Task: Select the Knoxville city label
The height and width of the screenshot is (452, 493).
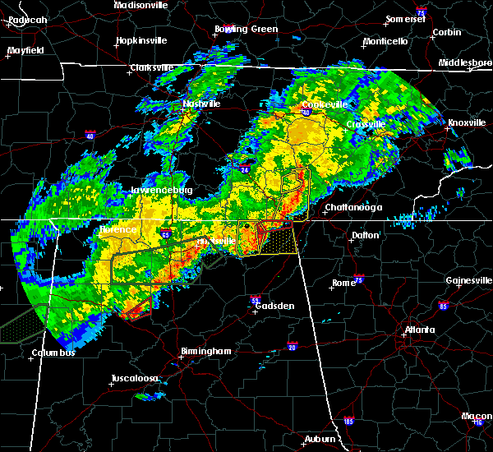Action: (466, 123)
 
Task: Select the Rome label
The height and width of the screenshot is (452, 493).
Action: (343, 284)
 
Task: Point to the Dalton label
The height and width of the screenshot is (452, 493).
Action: (366, 235)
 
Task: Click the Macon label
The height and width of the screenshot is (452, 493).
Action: (477, 416)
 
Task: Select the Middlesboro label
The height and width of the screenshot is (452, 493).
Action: (465, 62)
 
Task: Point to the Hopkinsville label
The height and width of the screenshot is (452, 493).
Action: (141, 40)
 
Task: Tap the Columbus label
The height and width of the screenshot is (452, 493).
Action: (53, 353)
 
